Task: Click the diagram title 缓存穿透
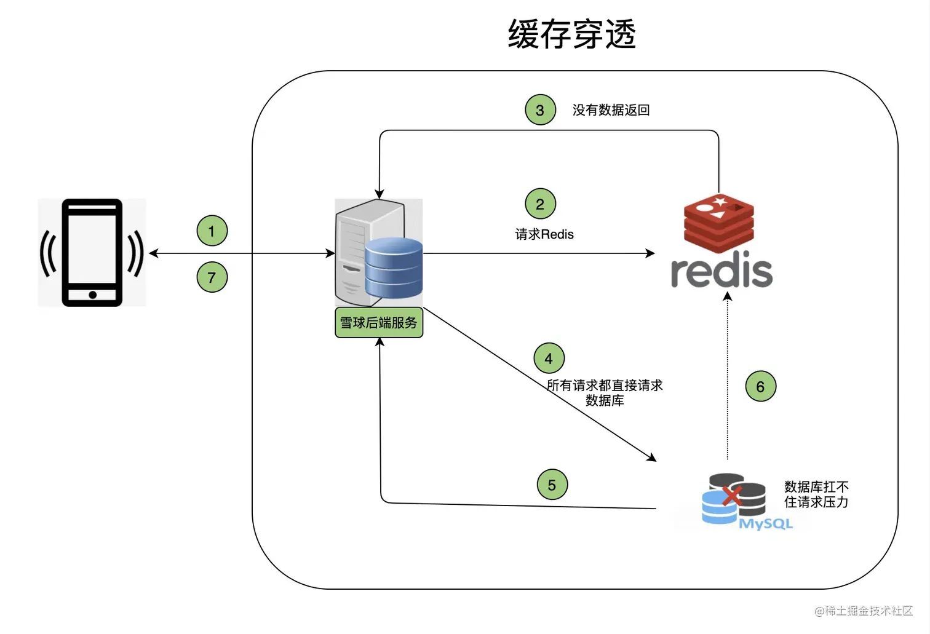coord(571,34)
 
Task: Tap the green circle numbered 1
coord(212,231)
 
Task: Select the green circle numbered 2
coord(540,204)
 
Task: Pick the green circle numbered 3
coord(540,110)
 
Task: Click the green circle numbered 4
coord(549,359)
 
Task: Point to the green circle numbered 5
coord(552,485)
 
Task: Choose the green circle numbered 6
coord(760,387)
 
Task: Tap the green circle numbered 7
coord(212,277)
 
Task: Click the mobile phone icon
coord(92,252)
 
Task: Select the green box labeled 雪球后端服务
coord(379,323)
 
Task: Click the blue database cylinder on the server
coord(394,268)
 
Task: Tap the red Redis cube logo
coord(719,223)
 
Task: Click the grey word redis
coord(721,272)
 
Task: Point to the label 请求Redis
coord(544,234)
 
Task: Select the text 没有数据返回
coord(611,110)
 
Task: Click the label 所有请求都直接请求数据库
coord(605,393)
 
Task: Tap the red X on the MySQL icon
coord(731,494)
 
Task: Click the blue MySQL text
coord(765,524)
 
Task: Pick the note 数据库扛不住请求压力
coord(816,494)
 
